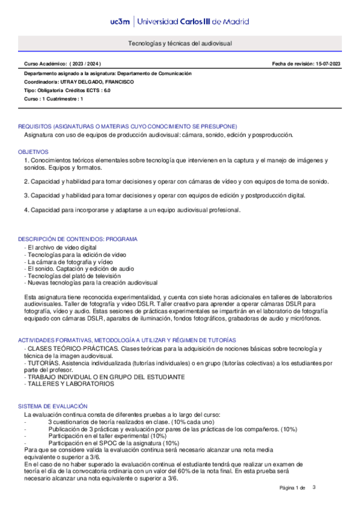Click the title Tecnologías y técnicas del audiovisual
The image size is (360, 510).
[180, 44]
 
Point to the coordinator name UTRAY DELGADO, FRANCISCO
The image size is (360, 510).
[102, 81]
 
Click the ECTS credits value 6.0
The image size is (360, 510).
[106, 90]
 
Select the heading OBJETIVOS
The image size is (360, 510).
[33, 152]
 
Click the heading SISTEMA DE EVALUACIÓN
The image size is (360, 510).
[53, 407]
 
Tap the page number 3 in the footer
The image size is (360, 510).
[314, 486]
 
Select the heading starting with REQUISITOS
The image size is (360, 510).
[127, 126]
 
